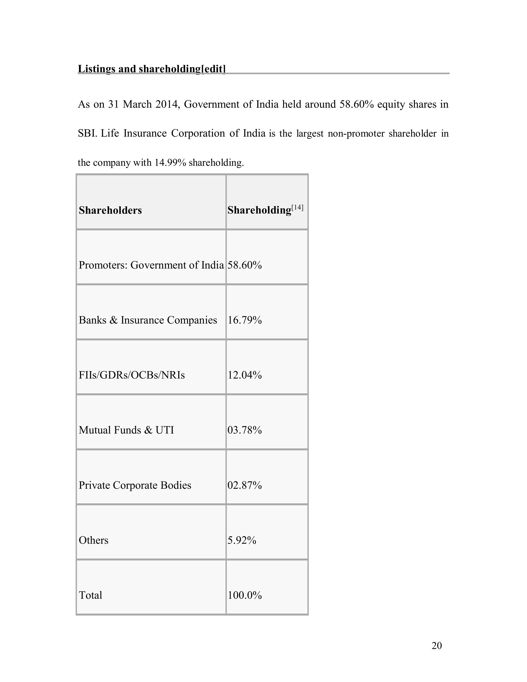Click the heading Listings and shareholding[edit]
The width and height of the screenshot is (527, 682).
coord(151,69)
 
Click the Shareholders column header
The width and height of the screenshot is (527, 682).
coord(110,211)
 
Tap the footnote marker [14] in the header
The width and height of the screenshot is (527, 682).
coord(297,207)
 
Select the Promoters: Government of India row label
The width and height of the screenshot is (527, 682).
coord(151,265)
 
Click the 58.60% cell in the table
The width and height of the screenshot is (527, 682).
coord(244,265)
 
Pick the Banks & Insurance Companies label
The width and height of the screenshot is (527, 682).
coord(148,320)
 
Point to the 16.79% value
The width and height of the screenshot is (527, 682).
coord(244,320)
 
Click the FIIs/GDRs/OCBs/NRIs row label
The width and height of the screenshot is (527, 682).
coord(131,375)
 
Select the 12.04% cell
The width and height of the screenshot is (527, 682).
coord(244,375)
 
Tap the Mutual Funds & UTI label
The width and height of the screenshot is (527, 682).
coord(126,430)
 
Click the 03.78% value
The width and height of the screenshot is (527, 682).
coord(244,430)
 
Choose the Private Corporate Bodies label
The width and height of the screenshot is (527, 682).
coord(135,485)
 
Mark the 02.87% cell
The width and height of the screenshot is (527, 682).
coord(244,485)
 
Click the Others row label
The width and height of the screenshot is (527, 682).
coord(93,540)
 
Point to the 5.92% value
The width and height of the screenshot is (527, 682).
coord(242,540)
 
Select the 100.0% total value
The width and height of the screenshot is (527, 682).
coord(244,595)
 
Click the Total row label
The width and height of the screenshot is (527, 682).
coord(90,595)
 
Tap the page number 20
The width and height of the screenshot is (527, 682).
coord(436,646)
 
